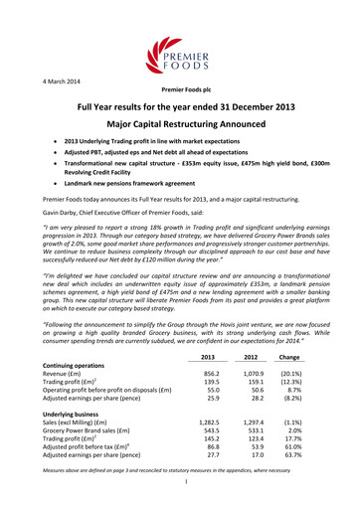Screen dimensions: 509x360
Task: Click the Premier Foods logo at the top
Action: [x=180, y=45]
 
